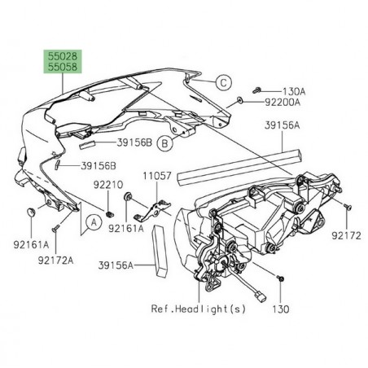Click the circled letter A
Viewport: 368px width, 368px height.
pos(94,220)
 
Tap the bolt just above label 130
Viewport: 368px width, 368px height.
pos(281,278)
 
